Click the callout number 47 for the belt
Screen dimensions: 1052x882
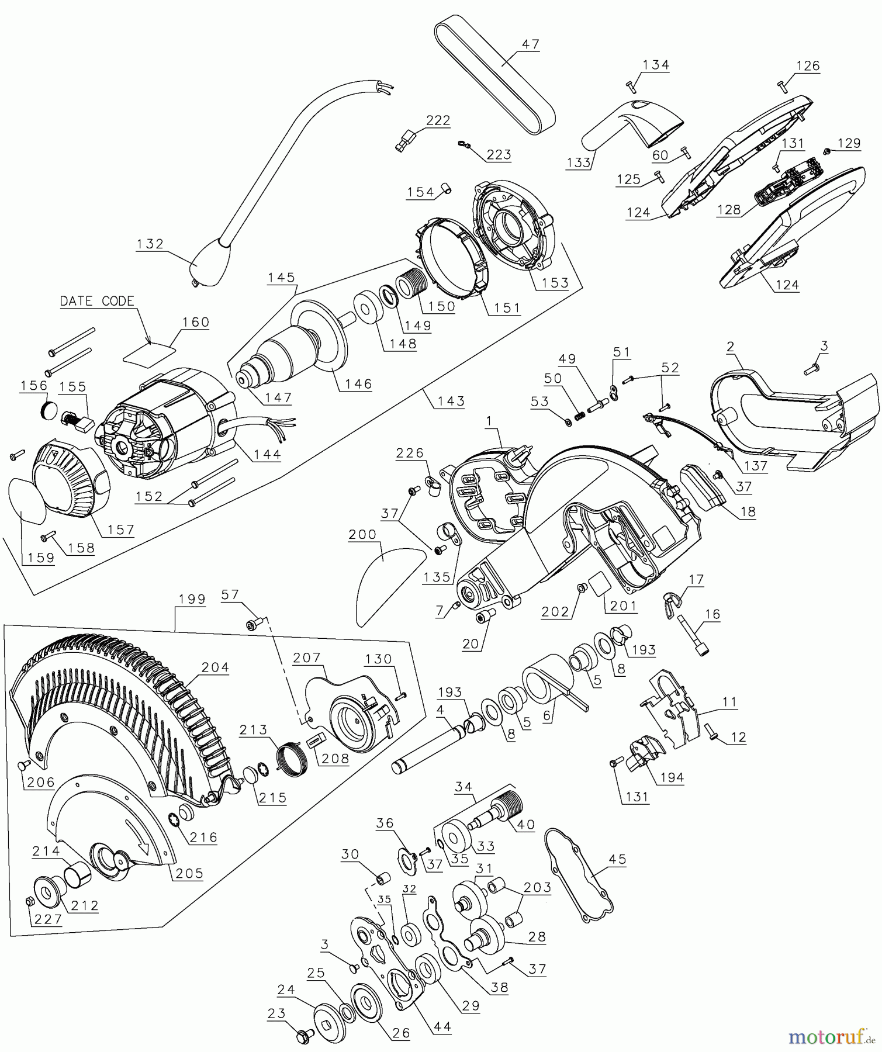pos(530,44)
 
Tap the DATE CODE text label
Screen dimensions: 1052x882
pos(97,301)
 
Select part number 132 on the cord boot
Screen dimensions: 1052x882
pos(150,244)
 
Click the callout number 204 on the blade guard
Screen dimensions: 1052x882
pos(215,667)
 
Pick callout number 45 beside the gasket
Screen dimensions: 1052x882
pos(617,859)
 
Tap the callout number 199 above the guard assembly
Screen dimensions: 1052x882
pos(192,599)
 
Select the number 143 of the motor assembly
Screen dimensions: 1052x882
pos(451,401)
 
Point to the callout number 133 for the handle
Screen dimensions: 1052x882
pos(579,162)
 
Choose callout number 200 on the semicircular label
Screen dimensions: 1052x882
pos(362,535)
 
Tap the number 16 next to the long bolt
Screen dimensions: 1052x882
pos(712,614)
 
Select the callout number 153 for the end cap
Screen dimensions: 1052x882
pos(555,283)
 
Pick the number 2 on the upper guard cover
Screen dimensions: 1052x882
pos(730,347)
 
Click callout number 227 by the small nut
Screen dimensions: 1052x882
pos(48,919)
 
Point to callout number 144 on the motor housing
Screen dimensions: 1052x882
pos(267,454)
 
